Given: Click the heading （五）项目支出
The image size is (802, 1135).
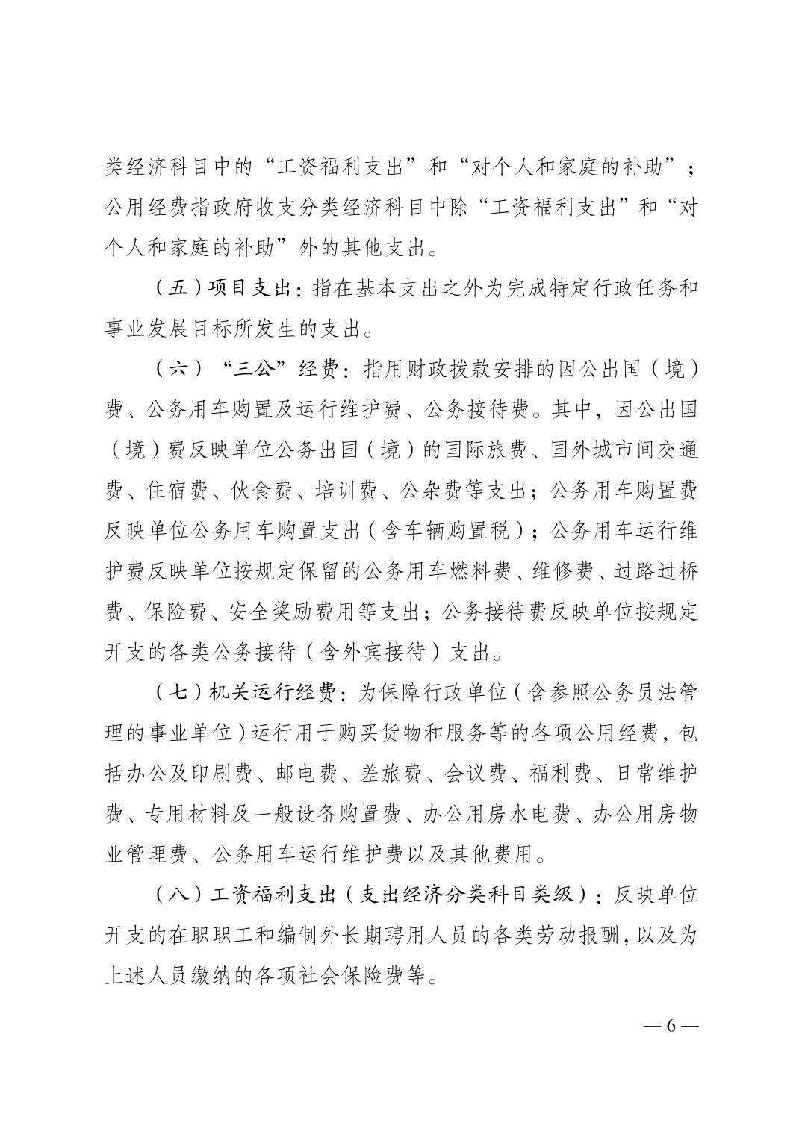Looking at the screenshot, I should [223, 288].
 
